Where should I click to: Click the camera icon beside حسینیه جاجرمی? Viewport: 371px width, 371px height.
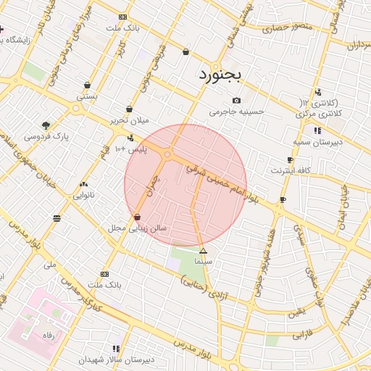point(236,101)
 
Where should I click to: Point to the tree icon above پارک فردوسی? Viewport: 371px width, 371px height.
point(46,125)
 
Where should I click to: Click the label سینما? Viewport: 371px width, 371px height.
point(203,259)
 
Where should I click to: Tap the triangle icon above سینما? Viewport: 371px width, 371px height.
point(203,250)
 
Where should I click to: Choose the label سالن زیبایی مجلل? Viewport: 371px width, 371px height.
point(138,228)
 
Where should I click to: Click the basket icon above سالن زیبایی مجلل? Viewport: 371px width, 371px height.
point(137,217)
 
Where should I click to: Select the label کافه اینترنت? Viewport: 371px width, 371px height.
point(291,170)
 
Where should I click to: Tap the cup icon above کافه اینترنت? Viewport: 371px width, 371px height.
point(291,160)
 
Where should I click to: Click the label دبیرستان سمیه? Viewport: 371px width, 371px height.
point(318,142)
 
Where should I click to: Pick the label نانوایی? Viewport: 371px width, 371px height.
point(84,195)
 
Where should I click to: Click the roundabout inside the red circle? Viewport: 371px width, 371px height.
point(168,154)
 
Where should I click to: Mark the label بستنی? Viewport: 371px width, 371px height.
point(87,96)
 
